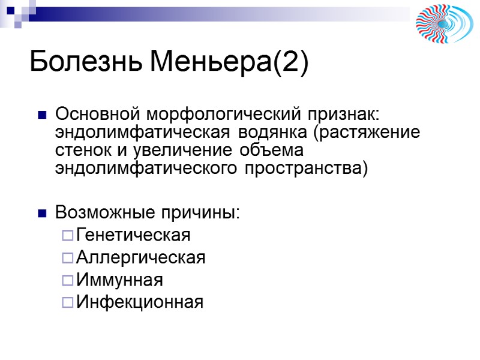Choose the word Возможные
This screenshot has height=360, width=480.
(106, 212)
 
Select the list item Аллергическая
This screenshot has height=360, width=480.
(141, 258)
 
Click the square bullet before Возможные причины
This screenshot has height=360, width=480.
(42, 213)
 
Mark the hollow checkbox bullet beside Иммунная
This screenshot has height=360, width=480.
(67, 281)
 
